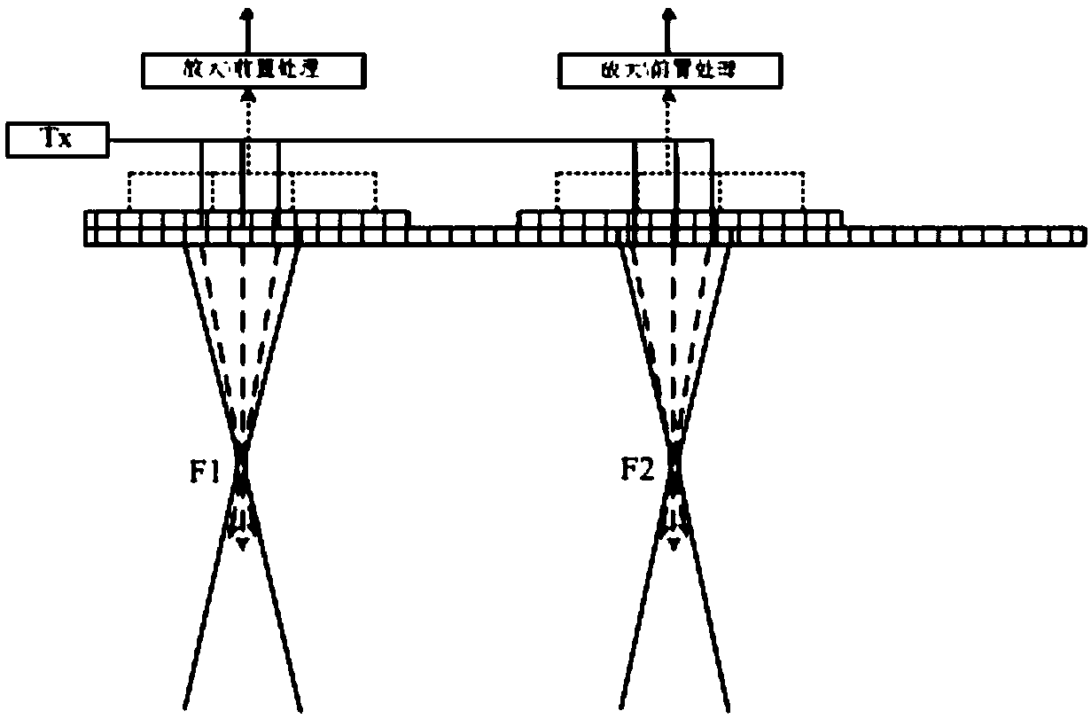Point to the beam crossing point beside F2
[x=674, y=465]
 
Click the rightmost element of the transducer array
[x=1076, y=235]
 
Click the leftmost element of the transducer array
[x=90, y=227]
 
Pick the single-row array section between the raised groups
[x=463, y=235]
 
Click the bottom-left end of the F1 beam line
[x=183, y=707]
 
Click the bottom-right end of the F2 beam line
[x=729, y=707]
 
